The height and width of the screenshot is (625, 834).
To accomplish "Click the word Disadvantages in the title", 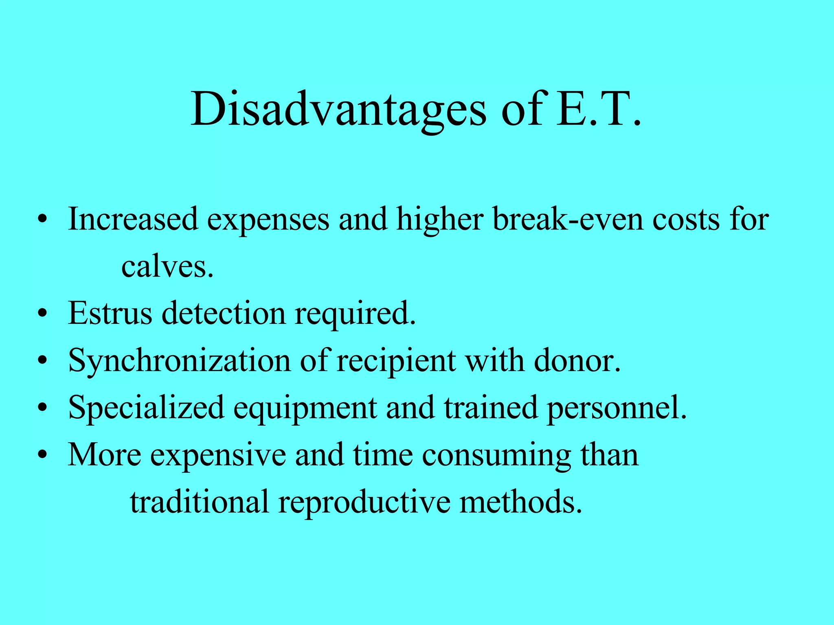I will [x=338, y=109].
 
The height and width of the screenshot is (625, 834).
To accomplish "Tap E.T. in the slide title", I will [x=599, y=109].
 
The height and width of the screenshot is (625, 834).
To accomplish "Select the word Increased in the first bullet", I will [x=133, y=219].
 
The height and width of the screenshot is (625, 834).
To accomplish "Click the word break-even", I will [x=568, y=219].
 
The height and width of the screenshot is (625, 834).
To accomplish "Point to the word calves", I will [x=167, y=267].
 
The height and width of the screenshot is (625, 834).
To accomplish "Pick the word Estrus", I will [x=110, y=313].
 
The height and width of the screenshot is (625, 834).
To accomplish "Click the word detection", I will [x=224, y=313].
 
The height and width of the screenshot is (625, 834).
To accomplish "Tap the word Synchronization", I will [x=179, y=361].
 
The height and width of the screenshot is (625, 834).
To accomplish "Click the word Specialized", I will [x=146, y=408].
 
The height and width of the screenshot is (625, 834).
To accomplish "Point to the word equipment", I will [x=305, y=409].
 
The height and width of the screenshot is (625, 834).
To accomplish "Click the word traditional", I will [x=200, y=502].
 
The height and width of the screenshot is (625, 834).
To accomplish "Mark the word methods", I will [x=521, y=502].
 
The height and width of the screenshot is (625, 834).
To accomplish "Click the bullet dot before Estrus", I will [x=42, y=314].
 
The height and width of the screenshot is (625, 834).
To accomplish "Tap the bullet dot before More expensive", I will [x=42, y=455].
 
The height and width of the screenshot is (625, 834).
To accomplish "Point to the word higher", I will [x=440, y=220].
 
